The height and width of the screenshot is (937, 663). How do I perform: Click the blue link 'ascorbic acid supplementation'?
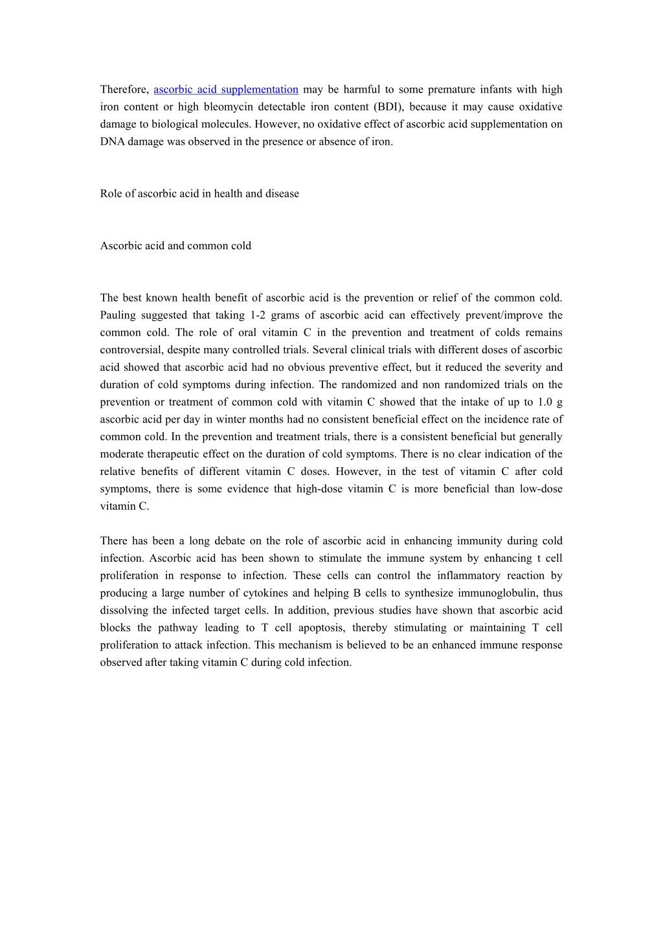(x=225, y=89)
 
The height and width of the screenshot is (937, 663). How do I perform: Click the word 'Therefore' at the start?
(x=124, y=89)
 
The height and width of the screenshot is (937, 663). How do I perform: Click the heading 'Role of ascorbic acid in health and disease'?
(x=199, y=193)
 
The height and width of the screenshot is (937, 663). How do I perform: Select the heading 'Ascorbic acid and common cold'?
(x=175, y=246)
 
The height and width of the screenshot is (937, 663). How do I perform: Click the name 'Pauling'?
(x=119, y=315)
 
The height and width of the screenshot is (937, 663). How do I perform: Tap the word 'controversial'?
(x=131, y=350)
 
